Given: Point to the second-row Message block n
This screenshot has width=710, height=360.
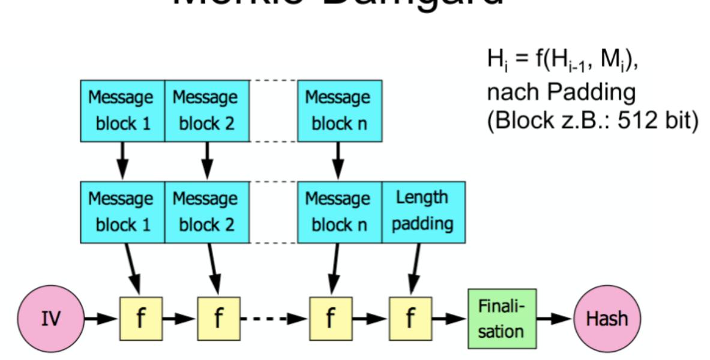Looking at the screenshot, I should (x=338, y=211).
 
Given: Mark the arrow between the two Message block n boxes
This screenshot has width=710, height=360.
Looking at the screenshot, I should (x=338, y=160).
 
